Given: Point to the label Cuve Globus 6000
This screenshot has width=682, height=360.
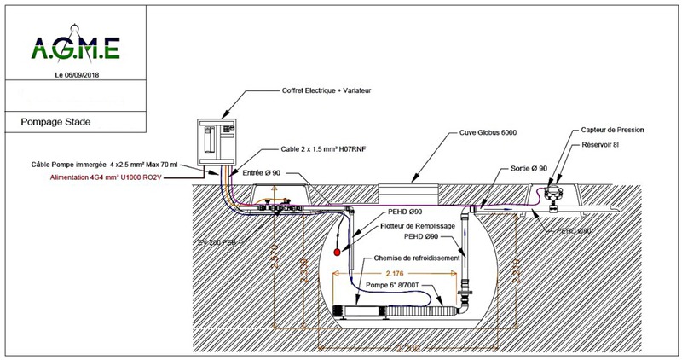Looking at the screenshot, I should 483,133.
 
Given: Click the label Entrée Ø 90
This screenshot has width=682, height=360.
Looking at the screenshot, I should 263,174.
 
